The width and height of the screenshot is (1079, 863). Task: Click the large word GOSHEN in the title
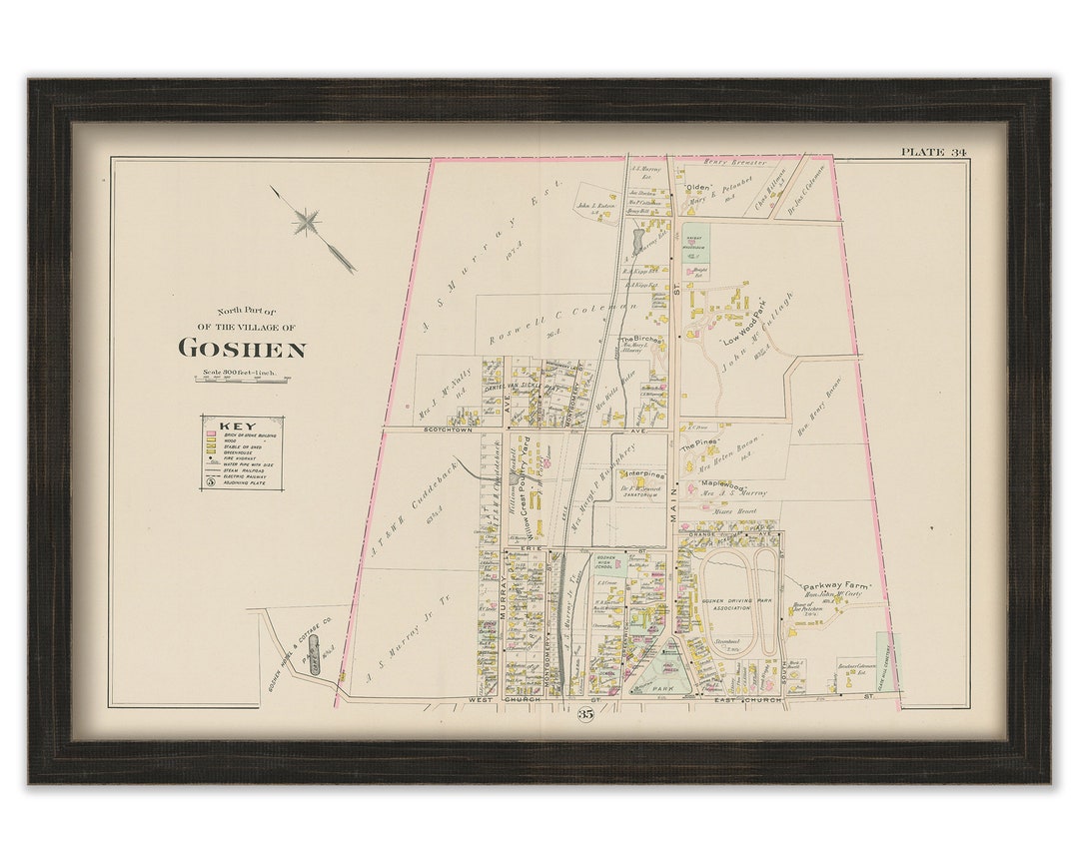point(242,349)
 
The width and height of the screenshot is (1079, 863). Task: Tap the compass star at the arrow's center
point(307,222)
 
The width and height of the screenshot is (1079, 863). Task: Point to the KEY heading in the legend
point(231,427)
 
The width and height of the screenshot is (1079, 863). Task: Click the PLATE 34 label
point(933,152)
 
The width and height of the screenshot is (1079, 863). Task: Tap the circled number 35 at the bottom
point(584,714)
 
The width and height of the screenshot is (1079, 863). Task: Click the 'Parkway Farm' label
point(836,586)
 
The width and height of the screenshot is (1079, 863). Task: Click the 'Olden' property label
point(696,187)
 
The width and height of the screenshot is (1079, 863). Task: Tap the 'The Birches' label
point(639,340)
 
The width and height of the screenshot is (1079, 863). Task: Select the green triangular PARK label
point(659,688)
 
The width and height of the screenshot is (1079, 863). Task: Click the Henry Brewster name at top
point(734,162)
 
